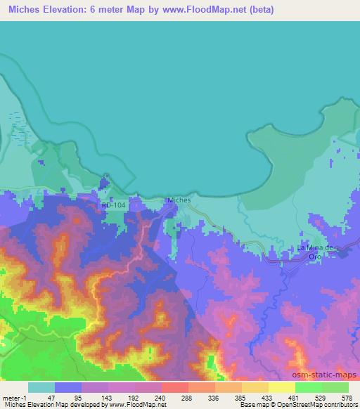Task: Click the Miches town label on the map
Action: click(x=179, y=200)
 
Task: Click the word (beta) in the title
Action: click(x=259, y=10)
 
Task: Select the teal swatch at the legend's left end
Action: click(x=41, y=387)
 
